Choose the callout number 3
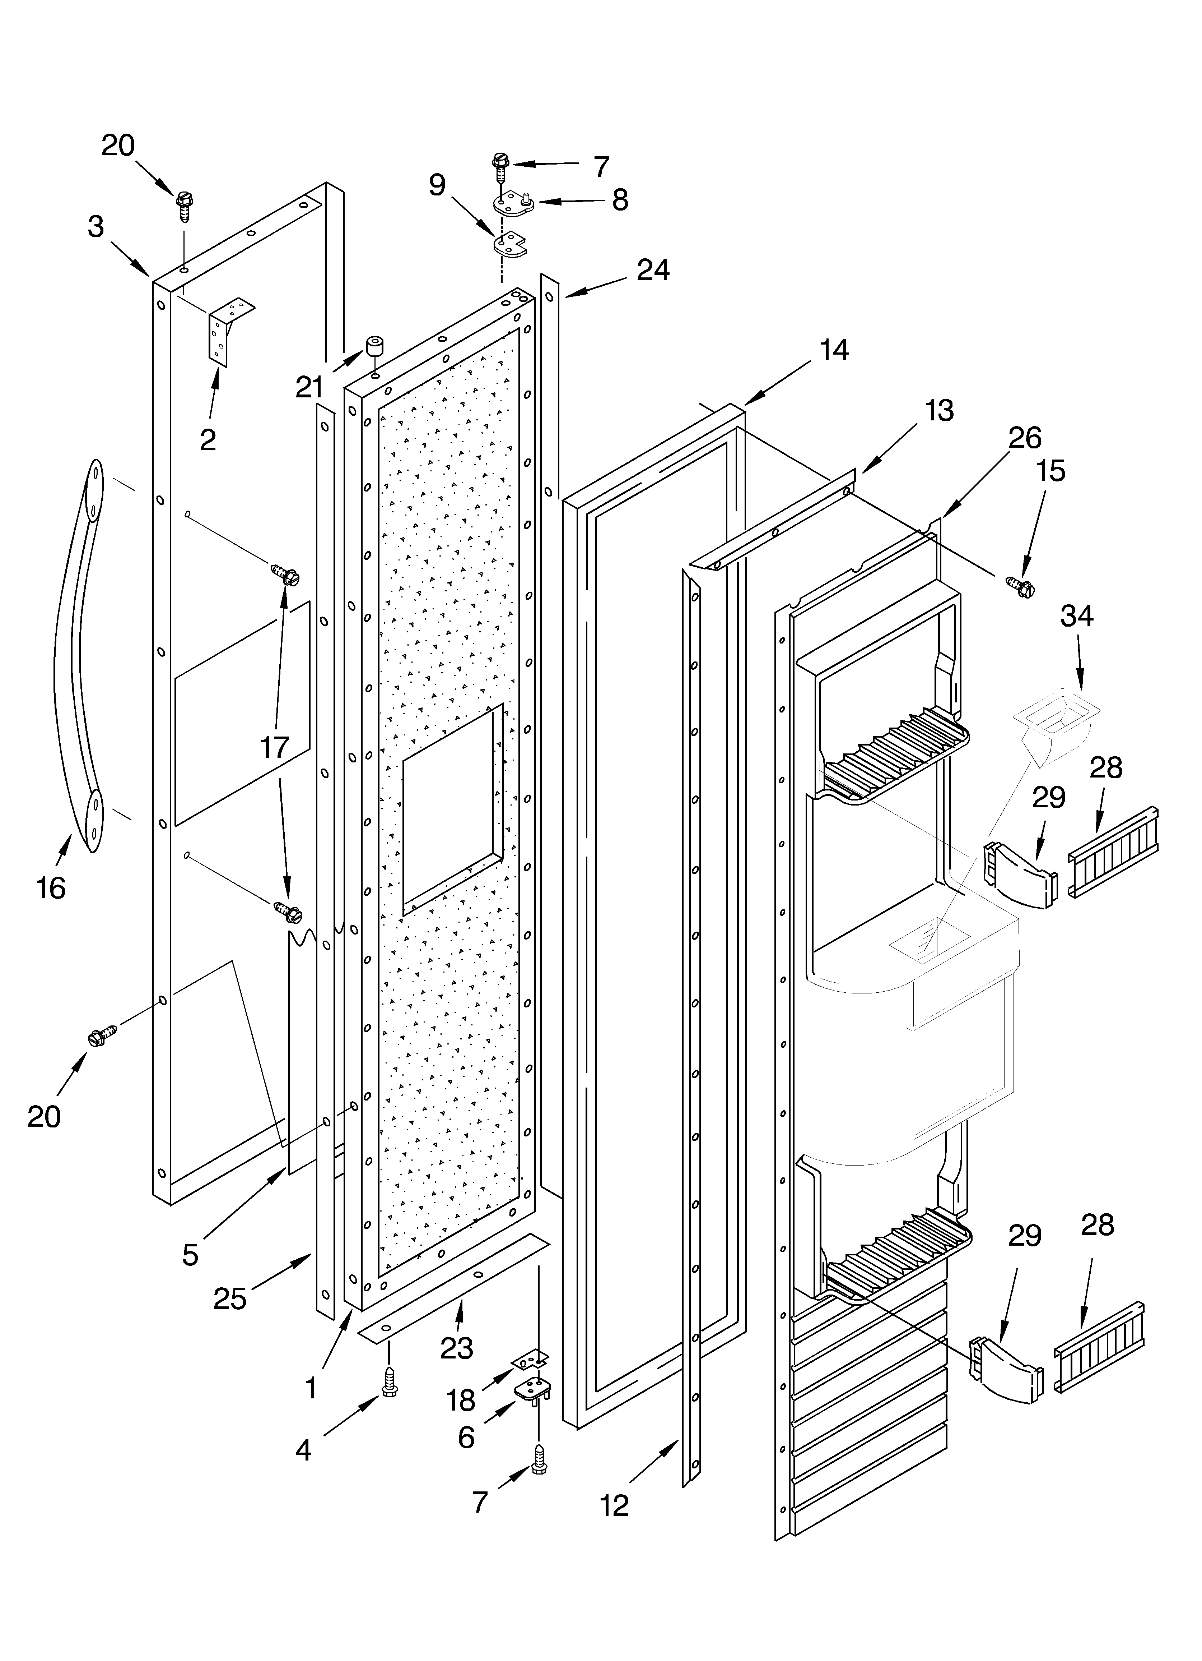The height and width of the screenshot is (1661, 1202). pyautogui.click(x=96, y=227)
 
